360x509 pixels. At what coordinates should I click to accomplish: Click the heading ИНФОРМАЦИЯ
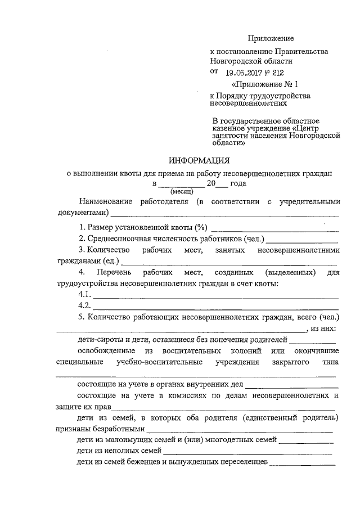tap(200, 160)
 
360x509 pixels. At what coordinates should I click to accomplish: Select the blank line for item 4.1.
tap(215, 297)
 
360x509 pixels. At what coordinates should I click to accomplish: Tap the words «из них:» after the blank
tap(324, 328)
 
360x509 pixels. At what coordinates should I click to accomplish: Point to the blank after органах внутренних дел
tap(292, 387)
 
